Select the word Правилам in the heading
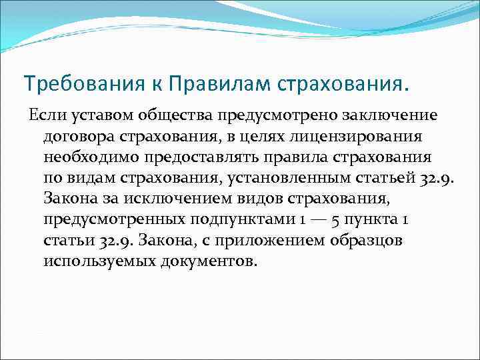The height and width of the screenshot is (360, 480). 203,85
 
